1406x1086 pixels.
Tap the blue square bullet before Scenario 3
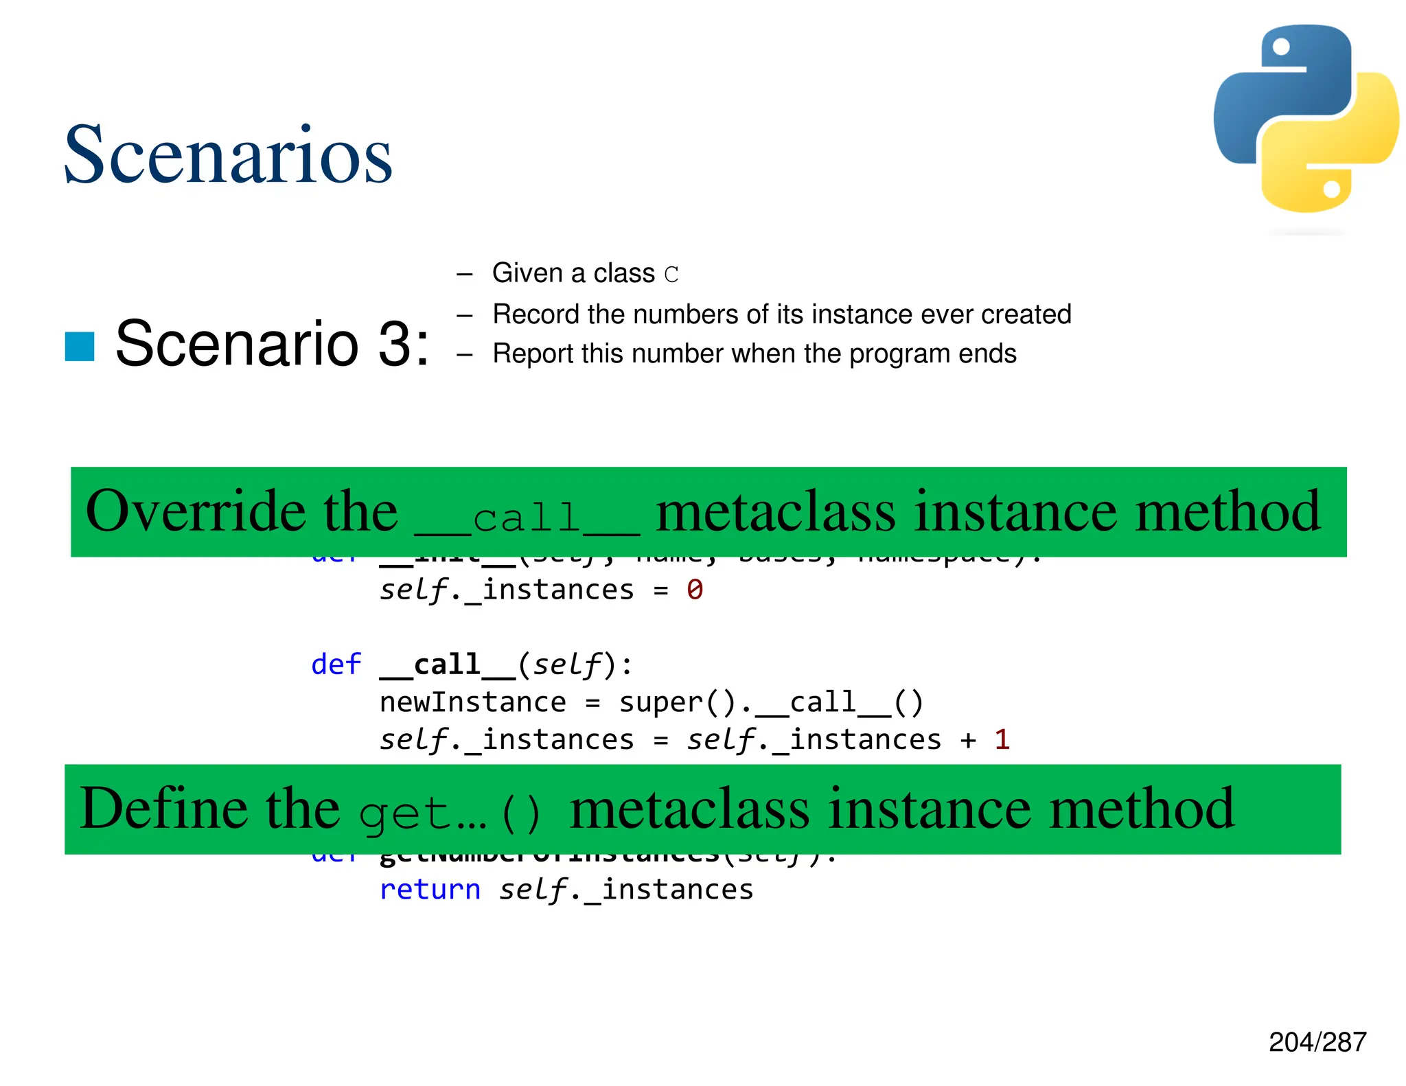tap(80, 346)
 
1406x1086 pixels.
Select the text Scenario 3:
tap(272, 343)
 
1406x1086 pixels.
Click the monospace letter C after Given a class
tap(671, 275)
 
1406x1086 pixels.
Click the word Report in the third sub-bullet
tap(533, 354)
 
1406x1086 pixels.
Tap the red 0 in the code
tap(695, 590)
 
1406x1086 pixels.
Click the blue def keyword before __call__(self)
tap(336, 665)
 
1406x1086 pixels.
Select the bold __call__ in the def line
tap(447, 665)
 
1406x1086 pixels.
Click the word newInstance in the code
tap(473, 702)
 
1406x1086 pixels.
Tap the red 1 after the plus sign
tap(1002, 739)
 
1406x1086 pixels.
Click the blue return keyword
tap(430, 890)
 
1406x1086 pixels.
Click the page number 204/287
tap(1317, 1042)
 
